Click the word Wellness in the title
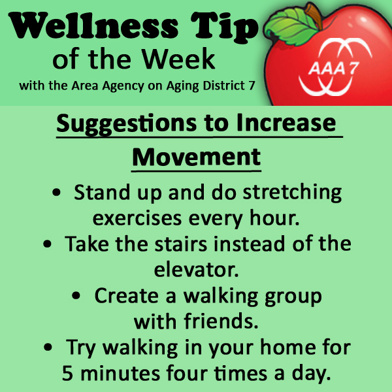93,25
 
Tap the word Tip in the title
224,27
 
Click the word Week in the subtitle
178,59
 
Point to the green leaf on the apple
291,26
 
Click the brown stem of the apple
314,16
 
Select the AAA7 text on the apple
333,68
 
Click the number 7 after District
252,86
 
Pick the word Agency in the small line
123,86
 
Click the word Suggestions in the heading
127,123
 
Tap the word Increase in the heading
286,123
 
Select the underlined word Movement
196,157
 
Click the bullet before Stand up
56,193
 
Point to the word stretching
292,193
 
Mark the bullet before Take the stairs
47,244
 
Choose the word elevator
196,270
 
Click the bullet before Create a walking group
76,296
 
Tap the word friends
221,321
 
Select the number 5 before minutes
67,373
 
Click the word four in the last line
187,373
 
